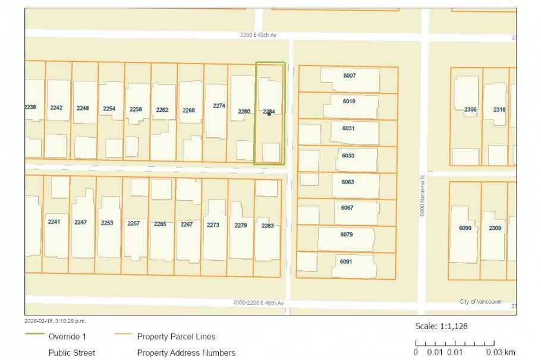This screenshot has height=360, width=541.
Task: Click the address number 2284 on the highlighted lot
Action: tap(269, 111)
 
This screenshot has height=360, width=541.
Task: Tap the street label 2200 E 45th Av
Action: tap(259, 36)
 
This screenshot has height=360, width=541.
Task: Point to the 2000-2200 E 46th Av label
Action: tap(259, 303)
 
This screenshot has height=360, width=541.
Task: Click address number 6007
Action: tap(349, 75)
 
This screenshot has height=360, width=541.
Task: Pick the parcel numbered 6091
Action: tap(346, 261)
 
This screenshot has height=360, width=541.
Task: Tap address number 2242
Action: tap(56, 108)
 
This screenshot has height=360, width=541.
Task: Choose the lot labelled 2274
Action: tap(219, 106)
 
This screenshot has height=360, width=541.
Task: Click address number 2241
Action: tap(54, 222)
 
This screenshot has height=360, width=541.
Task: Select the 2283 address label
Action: tap(267, 225)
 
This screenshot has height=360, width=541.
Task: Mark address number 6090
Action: tap(465, 228)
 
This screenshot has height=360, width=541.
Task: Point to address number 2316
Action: tap(499, 109)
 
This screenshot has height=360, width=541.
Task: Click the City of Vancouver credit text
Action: tap(480, 302)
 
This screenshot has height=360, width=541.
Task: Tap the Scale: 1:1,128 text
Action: tap(441, 326)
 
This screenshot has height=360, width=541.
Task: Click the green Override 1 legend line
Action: tap(33, 336)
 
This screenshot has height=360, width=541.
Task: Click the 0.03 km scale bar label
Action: tap(501, 352)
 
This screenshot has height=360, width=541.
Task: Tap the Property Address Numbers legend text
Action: tap(186, 353)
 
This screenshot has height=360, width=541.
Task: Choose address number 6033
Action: tap(348, 156)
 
